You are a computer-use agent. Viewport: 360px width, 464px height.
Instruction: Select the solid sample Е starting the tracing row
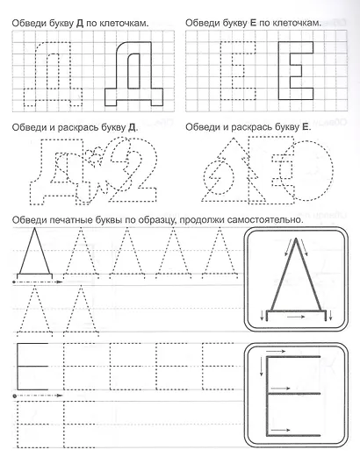click(x=32, y=365)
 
